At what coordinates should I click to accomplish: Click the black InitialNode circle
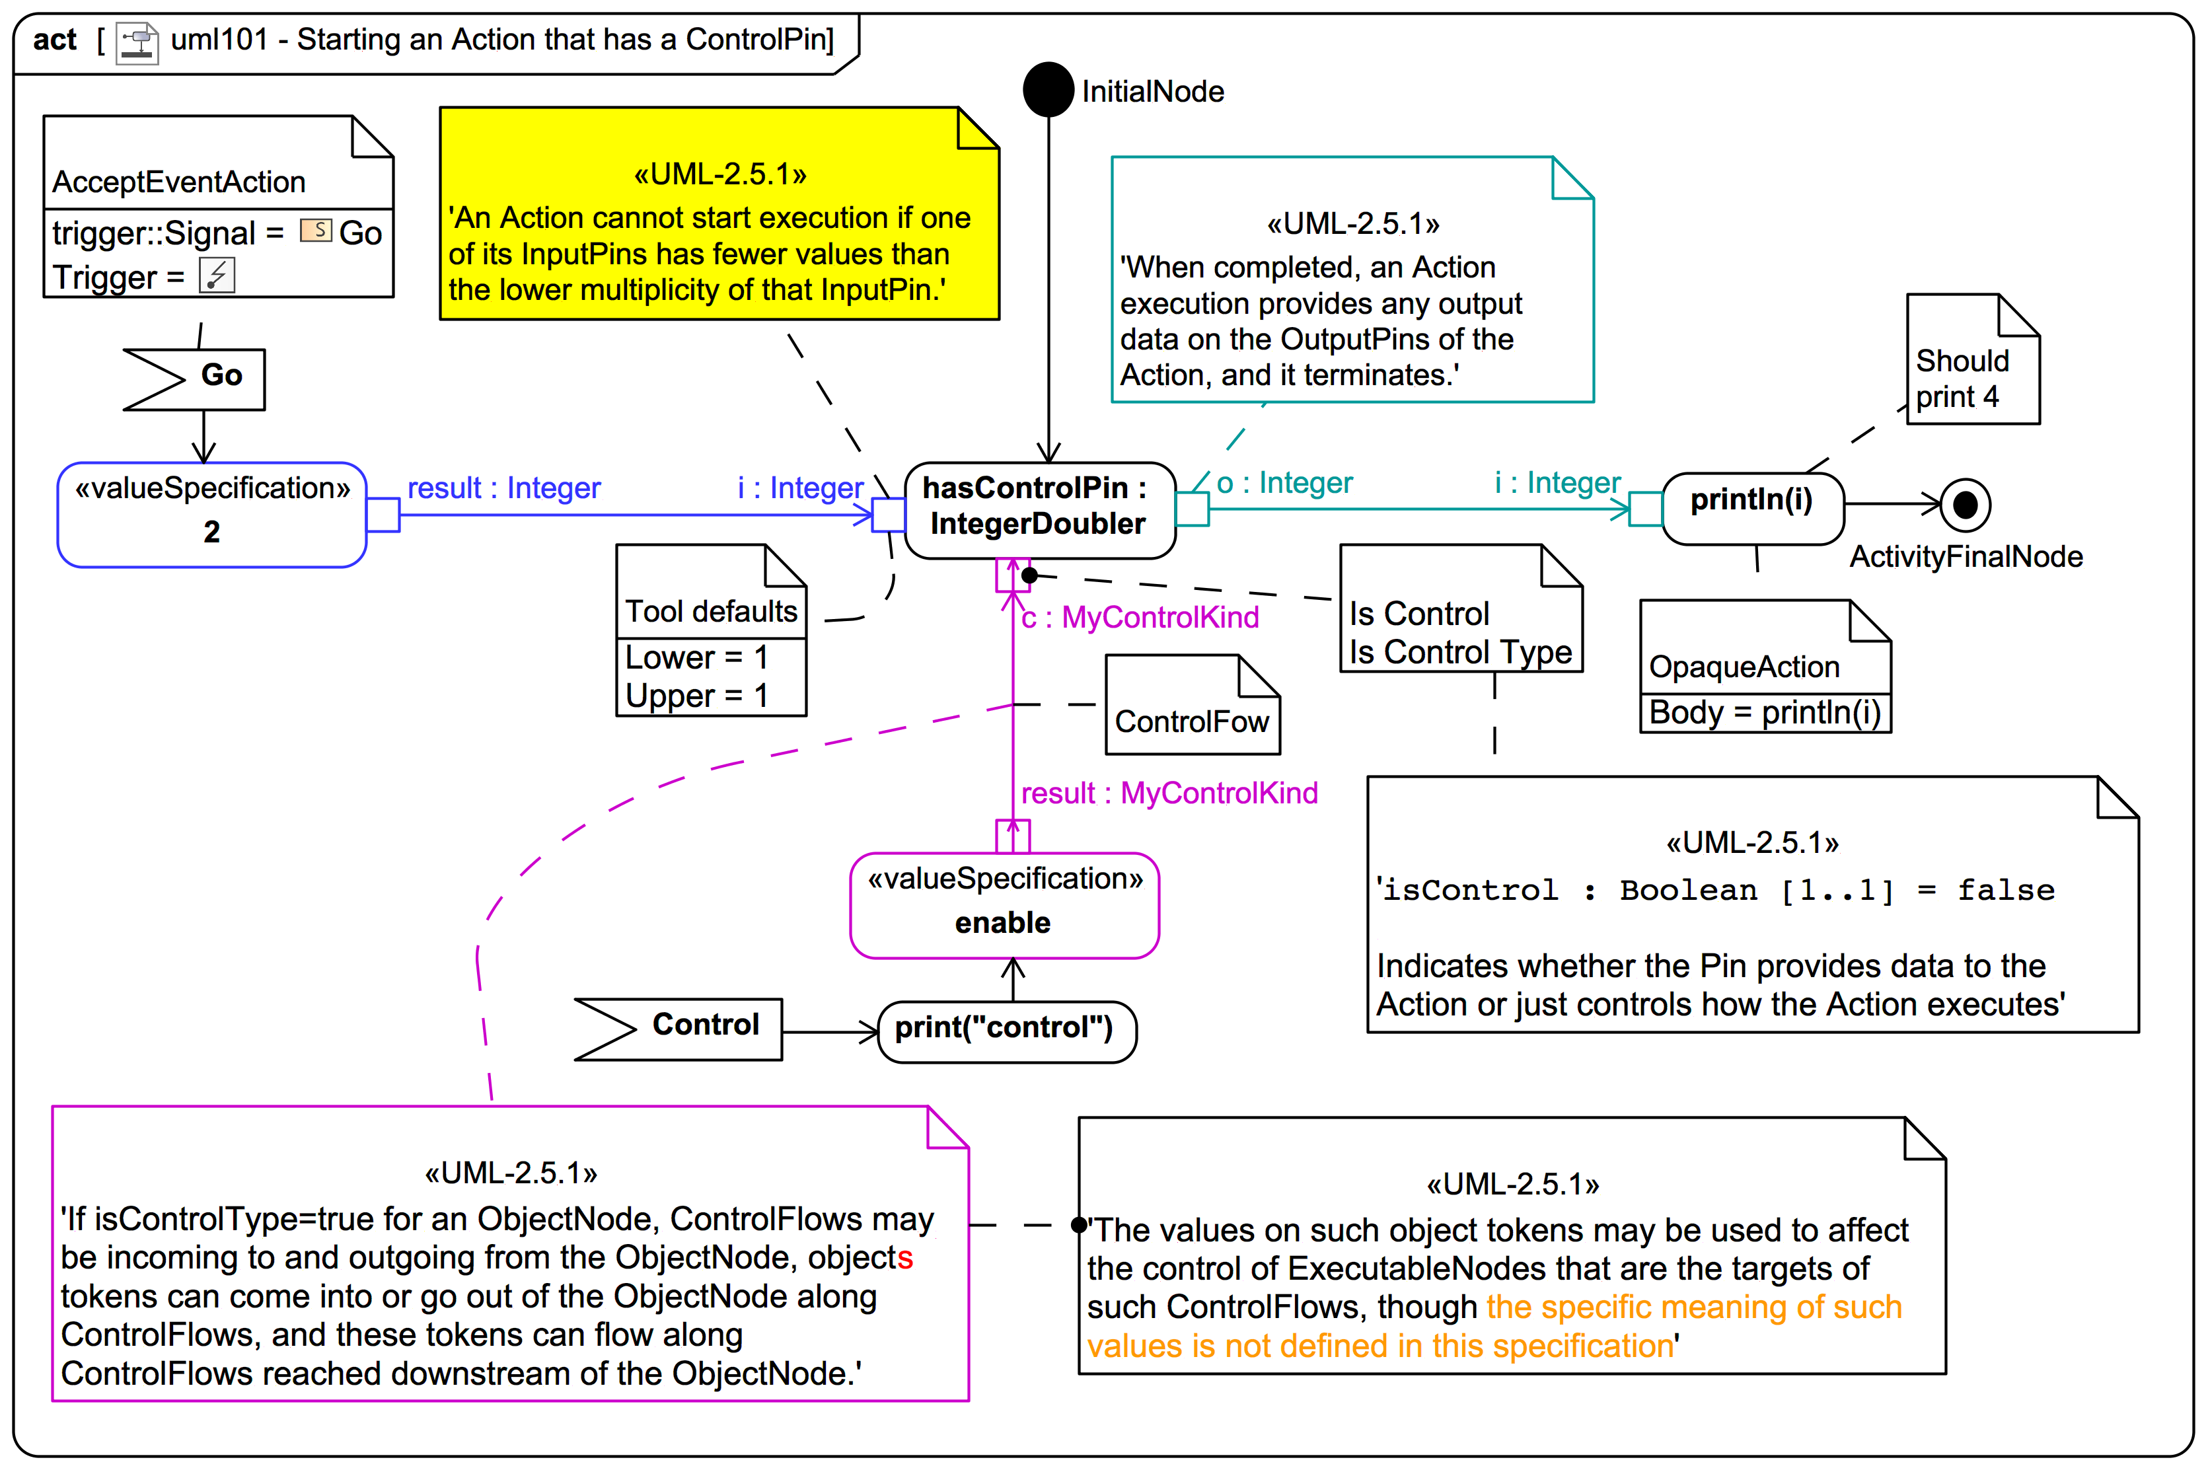[1049, 90]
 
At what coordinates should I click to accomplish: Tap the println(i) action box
[1752, 507]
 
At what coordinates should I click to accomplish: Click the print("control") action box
[1007, 1031]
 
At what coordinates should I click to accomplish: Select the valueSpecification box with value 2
[212, 514]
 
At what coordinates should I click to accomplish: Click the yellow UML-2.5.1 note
[719, 214]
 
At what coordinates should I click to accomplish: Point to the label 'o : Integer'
[1284, 483]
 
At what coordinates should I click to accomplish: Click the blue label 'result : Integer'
[503, 488]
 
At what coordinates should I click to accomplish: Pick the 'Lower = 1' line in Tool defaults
[696, 657]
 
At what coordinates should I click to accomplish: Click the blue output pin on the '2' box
[383, 515]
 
